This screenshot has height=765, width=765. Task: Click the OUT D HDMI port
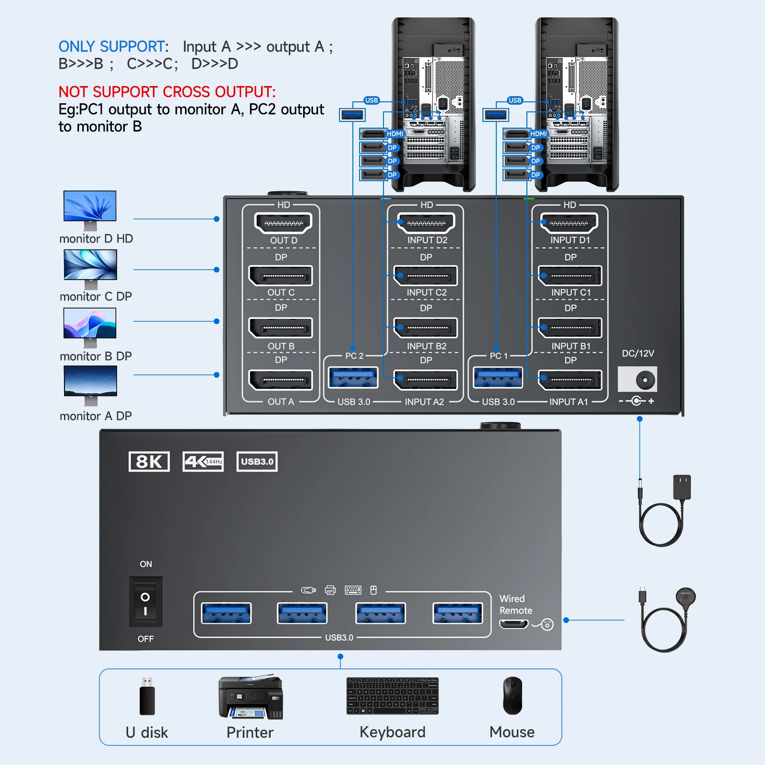284,223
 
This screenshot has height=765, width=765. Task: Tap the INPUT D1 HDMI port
569,223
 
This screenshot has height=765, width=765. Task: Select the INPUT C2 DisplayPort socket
426,276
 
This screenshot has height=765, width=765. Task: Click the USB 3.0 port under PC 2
353,378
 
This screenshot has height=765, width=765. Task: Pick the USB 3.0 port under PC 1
498,378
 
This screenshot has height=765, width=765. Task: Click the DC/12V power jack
638,380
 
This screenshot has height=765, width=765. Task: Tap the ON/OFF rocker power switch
145,601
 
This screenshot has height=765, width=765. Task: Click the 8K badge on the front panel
149,461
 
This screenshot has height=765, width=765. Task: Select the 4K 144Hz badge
203,461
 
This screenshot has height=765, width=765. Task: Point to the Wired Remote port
514,624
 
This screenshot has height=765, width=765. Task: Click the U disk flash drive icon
147,697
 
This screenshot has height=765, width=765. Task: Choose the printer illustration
251,698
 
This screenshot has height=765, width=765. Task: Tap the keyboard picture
392,696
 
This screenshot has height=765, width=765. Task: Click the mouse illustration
512,696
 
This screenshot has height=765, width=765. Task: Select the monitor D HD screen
90,206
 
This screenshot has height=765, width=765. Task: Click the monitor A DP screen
90,381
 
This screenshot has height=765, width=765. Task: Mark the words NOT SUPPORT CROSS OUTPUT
167,92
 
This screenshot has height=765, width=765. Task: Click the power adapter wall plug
681,487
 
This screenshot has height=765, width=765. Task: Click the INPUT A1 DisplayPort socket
569,380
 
